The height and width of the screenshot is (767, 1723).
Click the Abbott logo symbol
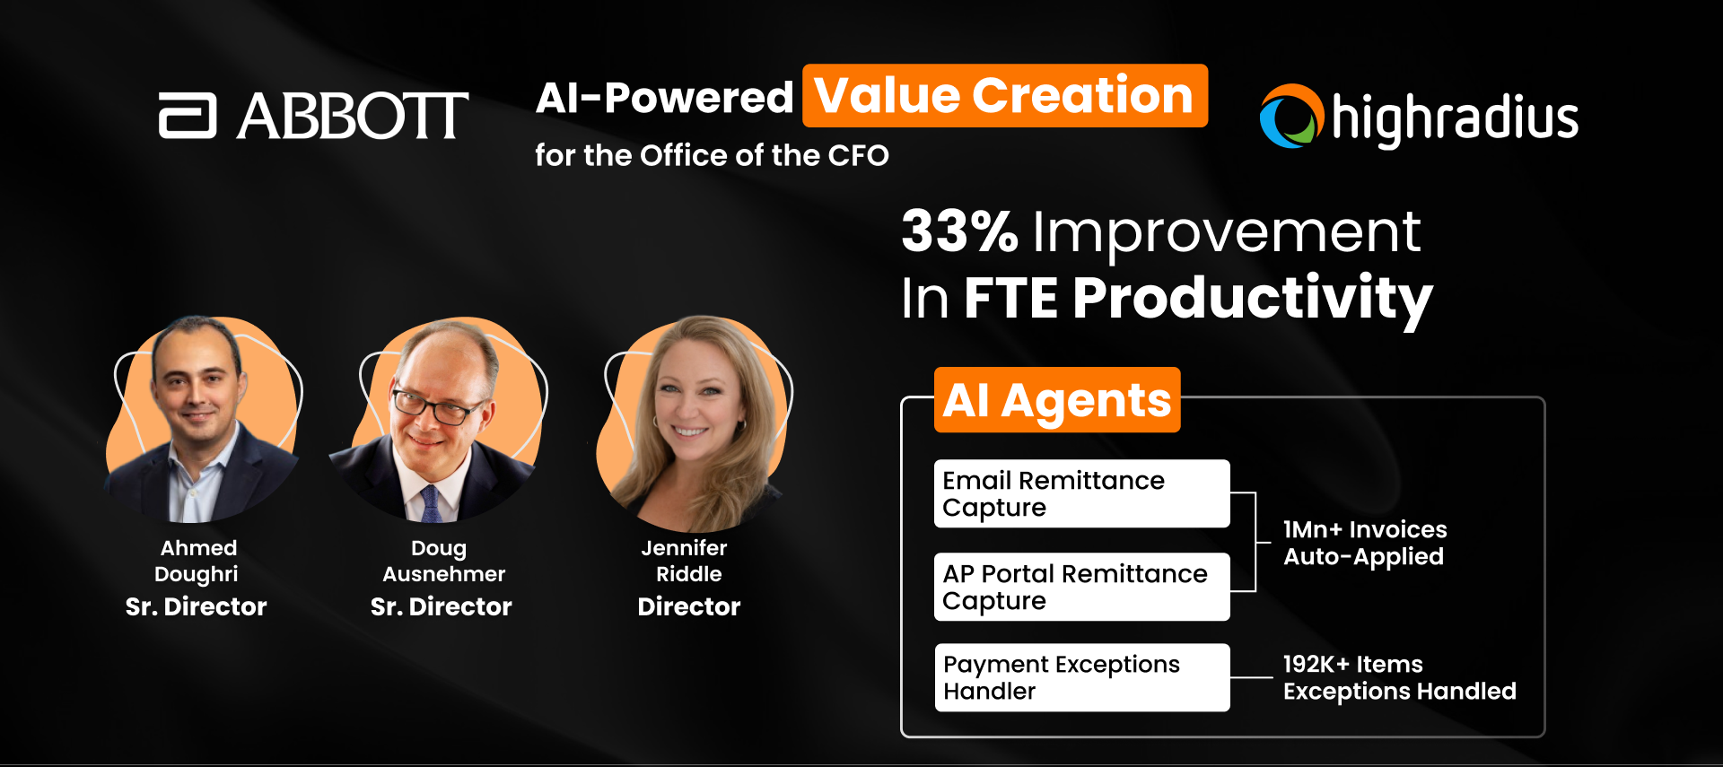click(188, 117)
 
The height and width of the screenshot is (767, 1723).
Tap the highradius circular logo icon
click(1291, 117)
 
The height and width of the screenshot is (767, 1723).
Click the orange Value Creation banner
click(1004, 96)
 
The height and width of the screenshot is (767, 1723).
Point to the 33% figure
click(959, 231)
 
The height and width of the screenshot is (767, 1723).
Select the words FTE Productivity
click(1197, 298)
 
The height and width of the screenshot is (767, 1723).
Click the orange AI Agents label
click(1056, 400)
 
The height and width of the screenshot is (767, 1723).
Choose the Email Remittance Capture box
click(1081, 493)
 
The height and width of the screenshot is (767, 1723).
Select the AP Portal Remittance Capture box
click(1081, 587)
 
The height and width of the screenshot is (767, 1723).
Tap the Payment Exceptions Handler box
click(1081, 677)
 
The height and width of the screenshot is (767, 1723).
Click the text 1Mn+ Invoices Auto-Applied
click(1364, 543)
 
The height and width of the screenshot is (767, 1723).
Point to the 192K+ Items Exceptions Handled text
click(1398, 677)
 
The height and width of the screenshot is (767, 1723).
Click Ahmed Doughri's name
click(197, 561)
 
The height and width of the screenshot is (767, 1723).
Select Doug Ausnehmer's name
click(442, 561)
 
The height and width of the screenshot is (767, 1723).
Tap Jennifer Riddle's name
click(687, 561)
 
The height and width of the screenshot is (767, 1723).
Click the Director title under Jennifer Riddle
click(688, 607)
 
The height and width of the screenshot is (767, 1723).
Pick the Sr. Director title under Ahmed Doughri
click(196, 607)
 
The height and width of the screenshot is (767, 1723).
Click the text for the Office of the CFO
click(712, 155)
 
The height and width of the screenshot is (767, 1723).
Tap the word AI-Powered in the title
click(664, 98)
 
